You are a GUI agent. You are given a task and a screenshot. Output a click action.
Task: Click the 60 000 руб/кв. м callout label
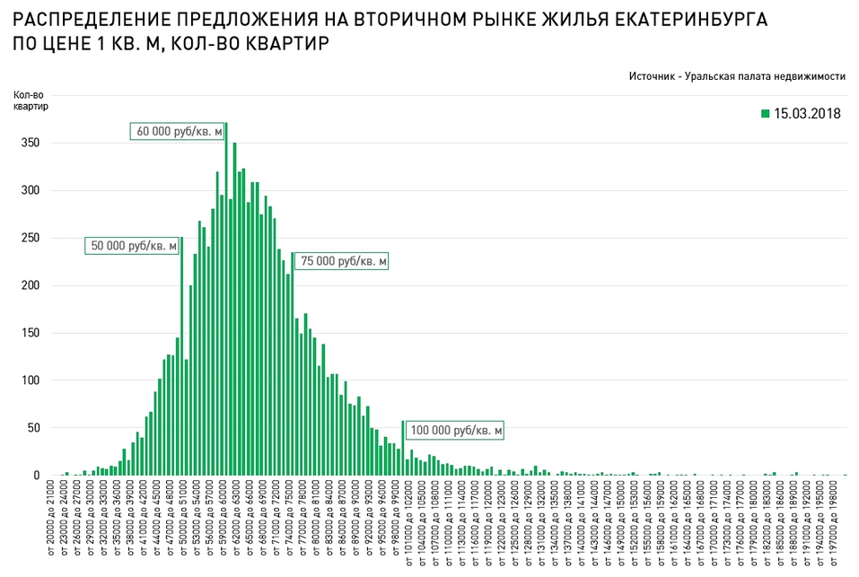[x=177, y=132]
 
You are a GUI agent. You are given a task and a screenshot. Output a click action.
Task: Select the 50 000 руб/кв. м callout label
[x=131, y=245]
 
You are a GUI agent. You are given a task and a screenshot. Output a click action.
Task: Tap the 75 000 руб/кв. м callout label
[x=343, y=261]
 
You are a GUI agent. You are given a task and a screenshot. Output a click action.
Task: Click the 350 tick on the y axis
[x=31, y=144]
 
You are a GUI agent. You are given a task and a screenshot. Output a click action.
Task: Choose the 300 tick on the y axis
[x=31, y=190]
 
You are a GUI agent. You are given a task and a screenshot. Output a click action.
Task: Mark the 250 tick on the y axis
[x=31, y=238]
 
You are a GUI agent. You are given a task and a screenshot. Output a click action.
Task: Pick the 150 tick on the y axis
[x=31, y=333]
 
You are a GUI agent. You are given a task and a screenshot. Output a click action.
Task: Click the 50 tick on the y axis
[x=33, y=428]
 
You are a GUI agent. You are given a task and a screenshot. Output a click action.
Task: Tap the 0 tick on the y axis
[x=37, y=476]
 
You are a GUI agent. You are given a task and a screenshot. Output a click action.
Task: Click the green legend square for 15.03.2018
[x=765, y=113]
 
